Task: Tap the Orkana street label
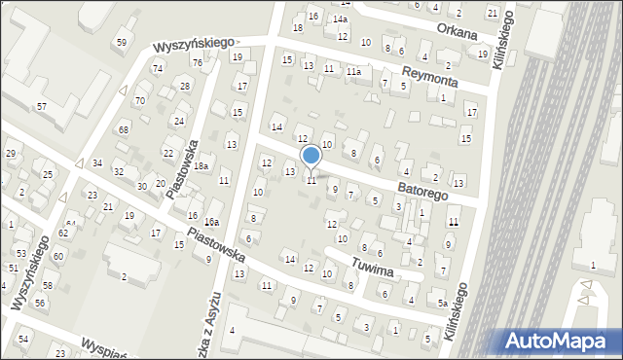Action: tap(457, 31)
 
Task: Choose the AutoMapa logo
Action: tap(559, 341)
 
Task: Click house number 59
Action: tap(122, 42)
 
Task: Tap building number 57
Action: tap(42, 105)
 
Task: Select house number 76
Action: tap(197, 62)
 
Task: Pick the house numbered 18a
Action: tap(201, 166)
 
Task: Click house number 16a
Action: tap(211, 223)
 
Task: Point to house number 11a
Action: tap(354, 71)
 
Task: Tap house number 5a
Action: tap(442, 304)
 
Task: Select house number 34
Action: tap(97, 162)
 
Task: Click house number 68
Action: tap(124, 129)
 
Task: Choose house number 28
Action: tap(184, 87)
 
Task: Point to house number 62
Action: tap(63, 234)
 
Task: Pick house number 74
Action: tap(158, 68)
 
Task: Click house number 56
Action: tap(40, 303)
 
